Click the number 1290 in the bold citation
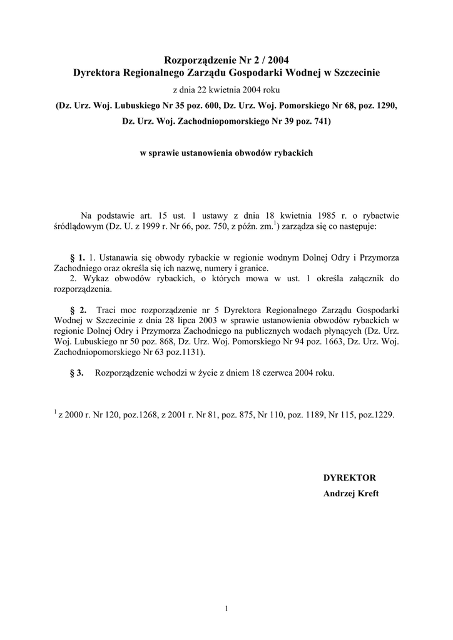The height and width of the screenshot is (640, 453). tap(384, 106)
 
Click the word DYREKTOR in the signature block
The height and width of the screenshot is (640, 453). tap(349, 477)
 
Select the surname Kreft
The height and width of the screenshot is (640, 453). tap(367, 493)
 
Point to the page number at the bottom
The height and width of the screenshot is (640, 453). tap(227, 609)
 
